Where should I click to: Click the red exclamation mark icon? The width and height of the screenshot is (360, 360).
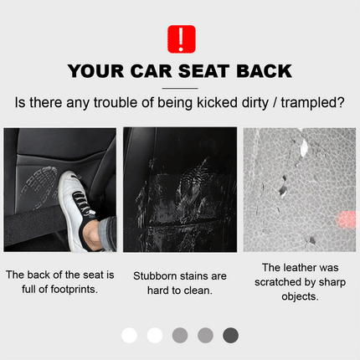tap(182, 39)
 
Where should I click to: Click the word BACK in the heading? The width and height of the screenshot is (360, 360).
tap(264, 71)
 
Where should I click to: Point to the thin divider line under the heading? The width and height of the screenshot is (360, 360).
tap(180, 88)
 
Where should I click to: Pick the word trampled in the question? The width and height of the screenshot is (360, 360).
tap(312, 103)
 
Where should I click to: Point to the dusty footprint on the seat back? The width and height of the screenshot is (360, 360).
tap(39, 187)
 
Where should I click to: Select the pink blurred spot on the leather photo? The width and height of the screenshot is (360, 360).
tap(346, 220)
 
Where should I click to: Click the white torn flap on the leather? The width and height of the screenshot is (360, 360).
tap(304, 147)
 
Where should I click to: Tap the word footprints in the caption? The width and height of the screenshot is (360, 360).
tap(74, 290)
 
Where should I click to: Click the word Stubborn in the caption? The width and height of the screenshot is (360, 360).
tap(156, 276)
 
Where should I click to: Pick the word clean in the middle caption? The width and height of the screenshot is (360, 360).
tap(198, 291)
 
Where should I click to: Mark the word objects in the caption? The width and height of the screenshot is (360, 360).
tap(300, 297)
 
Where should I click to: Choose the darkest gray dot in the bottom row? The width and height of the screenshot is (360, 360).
tap(230, 336)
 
